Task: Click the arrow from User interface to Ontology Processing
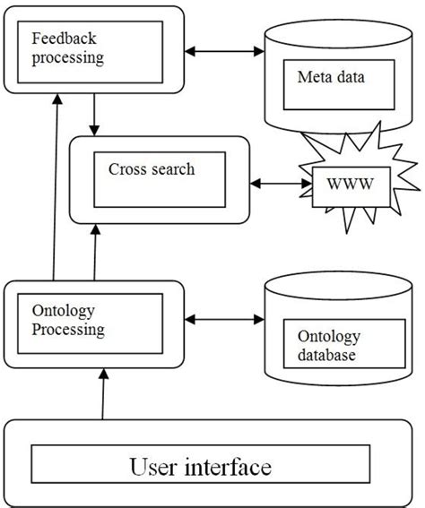104,394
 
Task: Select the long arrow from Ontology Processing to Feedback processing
56,188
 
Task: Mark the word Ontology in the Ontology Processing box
63,312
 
